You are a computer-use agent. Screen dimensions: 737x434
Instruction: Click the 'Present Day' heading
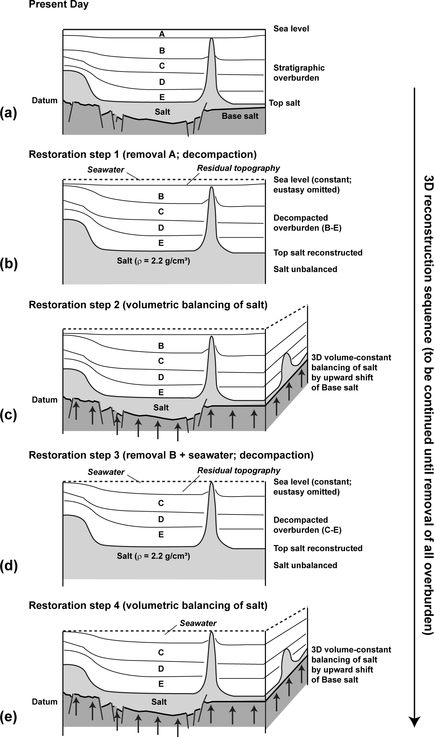tap(59, 5)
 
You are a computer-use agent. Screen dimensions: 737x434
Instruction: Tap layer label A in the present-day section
tap(162, 34)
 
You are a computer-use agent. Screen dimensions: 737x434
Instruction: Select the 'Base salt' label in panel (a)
tap(240, 116)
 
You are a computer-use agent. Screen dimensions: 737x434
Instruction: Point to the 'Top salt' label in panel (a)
tap(284, 103)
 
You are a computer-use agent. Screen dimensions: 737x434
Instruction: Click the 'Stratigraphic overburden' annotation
tap(299, 73)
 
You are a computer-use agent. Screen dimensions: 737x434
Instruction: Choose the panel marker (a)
tap(8, 113)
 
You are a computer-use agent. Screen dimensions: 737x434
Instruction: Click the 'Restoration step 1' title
tap(142, 154)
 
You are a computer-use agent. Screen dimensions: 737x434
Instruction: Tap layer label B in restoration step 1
tap(161, 197)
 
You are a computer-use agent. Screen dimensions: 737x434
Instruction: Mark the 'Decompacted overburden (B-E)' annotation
tap(307, 223)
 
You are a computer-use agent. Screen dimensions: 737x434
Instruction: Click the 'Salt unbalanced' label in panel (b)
tap(305, 269)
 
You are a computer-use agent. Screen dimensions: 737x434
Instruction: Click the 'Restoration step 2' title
tap(148, 305)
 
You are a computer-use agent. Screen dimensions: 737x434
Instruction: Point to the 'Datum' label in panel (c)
tap(45, 400)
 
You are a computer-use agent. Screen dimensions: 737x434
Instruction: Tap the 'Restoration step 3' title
tap(171, 455)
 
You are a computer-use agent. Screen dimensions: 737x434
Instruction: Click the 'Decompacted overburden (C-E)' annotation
tap(307, 525)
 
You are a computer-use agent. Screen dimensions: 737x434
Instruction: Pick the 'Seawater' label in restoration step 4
tap(198, 623)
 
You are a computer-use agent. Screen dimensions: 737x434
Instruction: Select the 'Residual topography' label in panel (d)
tap(239, 471)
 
